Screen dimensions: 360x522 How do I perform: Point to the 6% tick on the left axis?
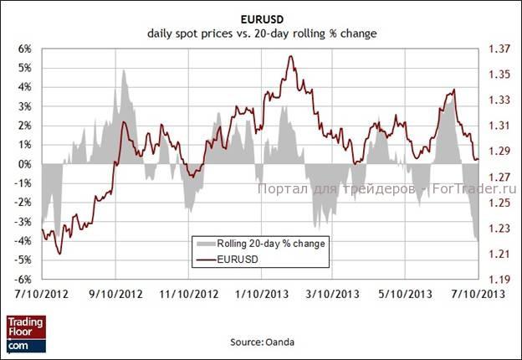[25, 49]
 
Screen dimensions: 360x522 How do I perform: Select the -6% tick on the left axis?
[23, 279]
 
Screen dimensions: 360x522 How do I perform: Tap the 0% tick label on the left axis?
[25, 164]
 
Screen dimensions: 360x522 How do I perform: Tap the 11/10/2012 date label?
[194, 295]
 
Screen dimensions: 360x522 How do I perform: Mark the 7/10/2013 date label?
[478, 295]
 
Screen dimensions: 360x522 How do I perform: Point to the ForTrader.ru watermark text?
[473, 189]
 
